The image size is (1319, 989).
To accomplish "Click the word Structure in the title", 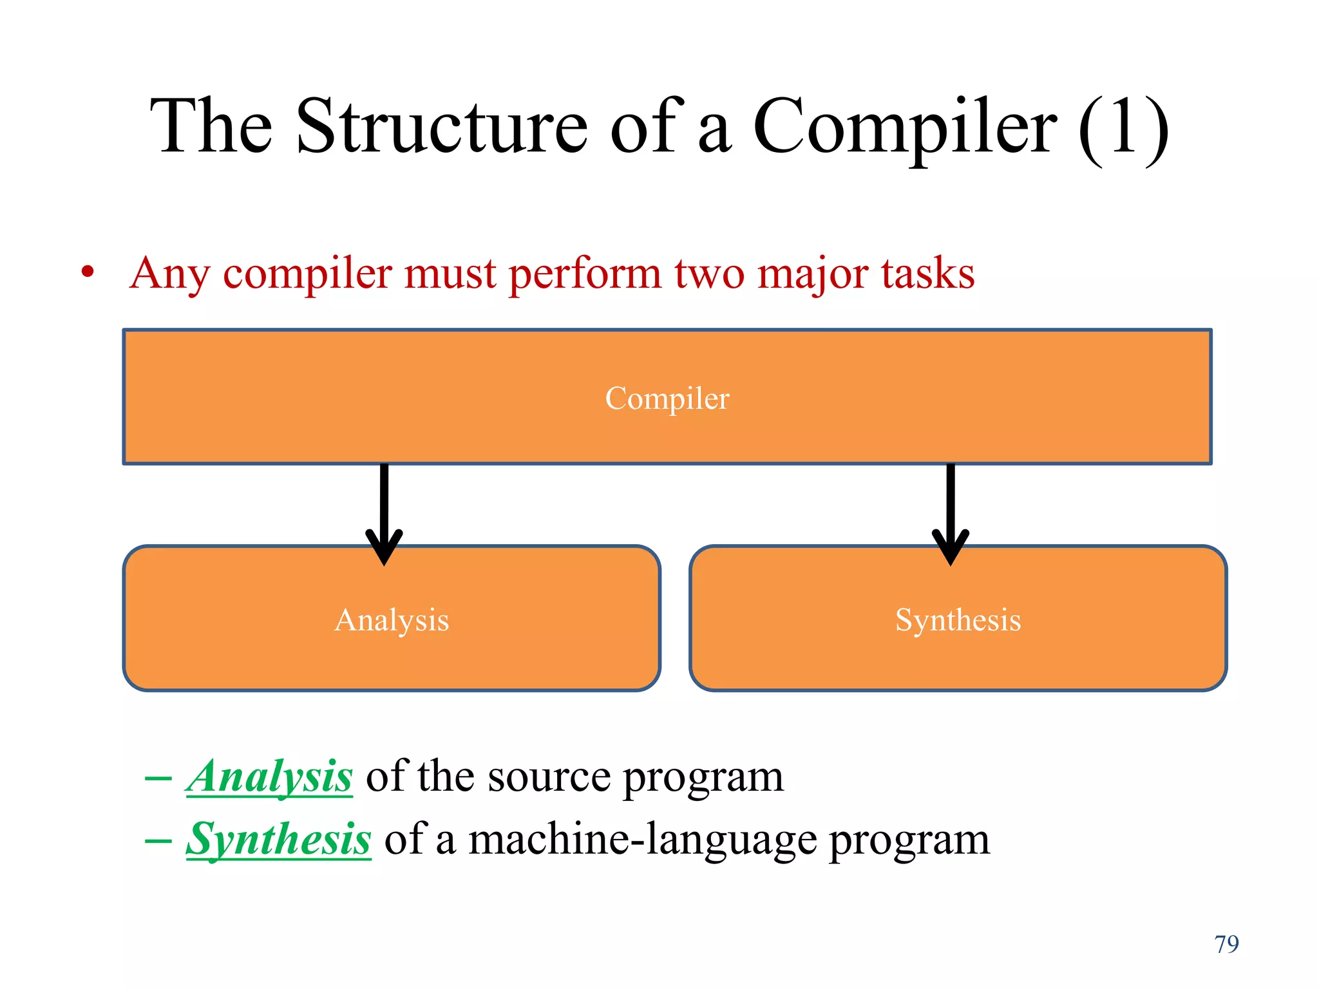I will tap(442, 126).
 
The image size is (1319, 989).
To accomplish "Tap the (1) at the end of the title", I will tap(1124, 127).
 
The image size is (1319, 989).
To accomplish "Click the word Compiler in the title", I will tap(905, 127).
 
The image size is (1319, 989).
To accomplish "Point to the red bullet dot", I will tap(88, 272).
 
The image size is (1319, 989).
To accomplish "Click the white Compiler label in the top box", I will tap(667, 398).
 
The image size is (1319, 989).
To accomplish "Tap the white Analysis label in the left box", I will tap(392, 620).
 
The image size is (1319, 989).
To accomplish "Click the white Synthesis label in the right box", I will tap(958, 620).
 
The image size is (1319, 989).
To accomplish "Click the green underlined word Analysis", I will tap(269, 777).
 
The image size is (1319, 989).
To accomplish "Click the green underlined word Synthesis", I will tap(278, 840).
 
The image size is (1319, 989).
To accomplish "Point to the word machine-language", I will tap(642, 840).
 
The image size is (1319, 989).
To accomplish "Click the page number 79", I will tap(1226, 944).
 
